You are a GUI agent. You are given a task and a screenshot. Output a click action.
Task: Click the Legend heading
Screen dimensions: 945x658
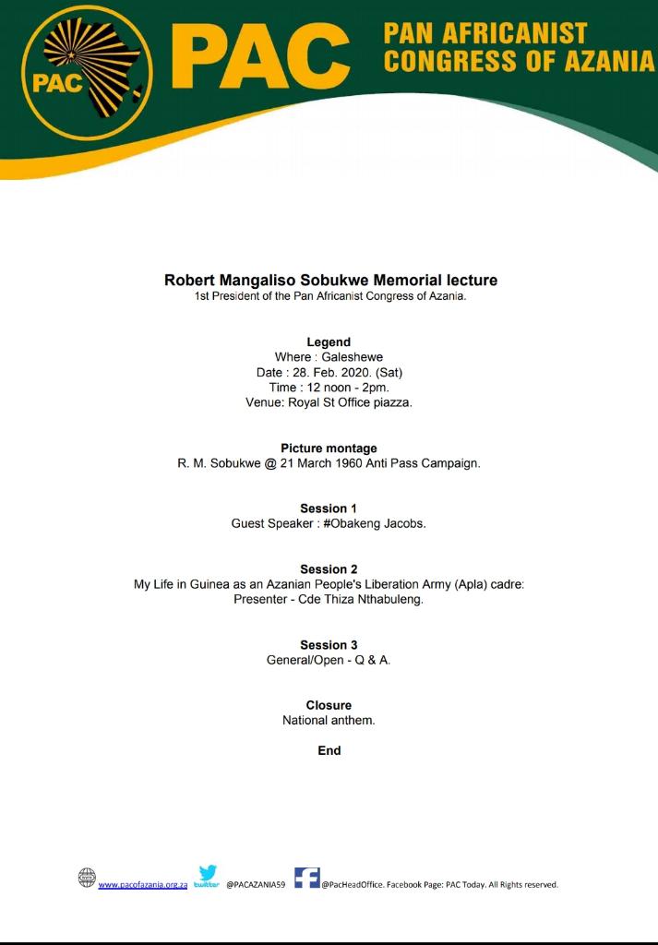[x=329, y=342]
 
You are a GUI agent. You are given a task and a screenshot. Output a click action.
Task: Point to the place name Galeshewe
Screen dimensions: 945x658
[x=352, y=357]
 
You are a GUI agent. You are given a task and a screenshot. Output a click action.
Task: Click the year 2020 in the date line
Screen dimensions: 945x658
[x=353, y=373]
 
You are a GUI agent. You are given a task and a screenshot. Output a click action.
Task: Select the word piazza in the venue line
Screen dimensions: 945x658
[x=390, y=403]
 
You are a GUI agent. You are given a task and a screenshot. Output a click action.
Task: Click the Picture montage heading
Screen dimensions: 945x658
[x=329, y=449]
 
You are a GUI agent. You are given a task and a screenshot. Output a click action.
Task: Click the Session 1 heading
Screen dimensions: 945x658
[x=329, y=508]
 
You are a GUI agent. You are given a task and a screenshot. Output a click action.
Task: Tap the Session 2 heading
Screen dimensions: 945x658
[x=329, y=569]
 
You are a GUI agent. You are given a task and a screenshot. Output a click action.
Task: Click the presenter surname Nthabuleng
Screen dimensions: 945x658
[x=386, y=599]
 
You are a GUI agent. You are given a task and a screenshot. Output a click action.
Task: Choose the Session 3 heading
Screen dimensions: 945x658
[x=329, y=645]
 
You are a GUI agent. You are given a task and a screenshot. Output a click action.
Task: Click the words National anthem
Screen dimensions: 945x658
[x=329, y=720]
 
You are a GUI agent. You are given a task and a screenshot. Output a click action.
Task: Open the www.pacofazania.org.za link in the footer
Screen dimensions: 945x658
[x=143, y=884]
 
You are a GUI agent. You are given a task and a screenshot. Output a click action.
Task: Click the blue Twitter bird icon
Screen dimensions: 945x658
[x=208, y=873]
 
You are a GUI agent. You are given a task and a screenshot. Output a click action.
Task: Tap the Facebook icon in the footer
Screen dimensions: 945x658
[x=307, y=878]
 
